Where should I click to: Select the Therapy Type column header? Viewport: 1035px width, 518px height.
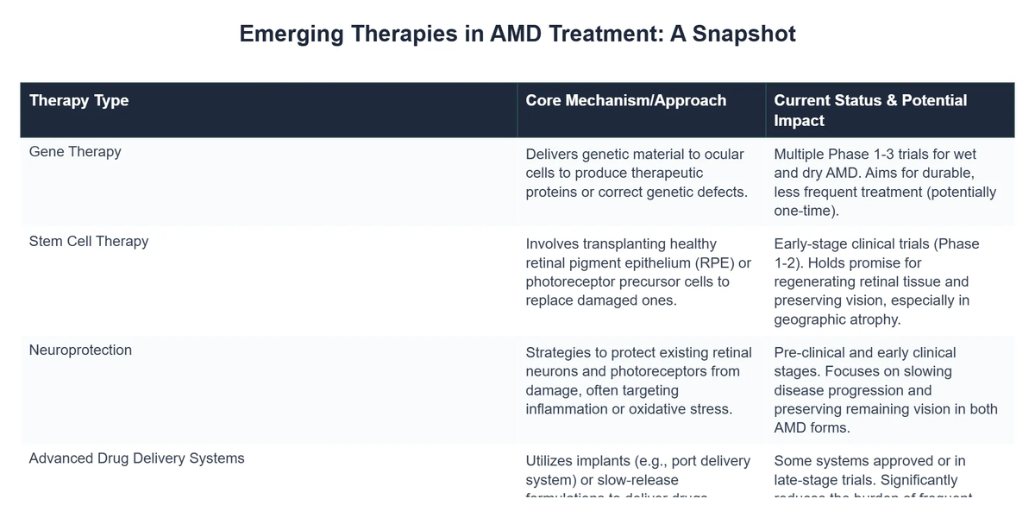pos(78,100)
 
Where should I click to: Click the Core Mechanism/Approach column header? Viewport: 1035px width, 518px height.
pos(625,100)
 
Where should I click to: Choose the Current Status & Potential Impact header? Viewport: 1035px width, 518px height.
pos(870,110)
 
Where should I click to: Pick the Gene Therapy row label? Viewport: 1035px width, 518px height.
pos(75,152)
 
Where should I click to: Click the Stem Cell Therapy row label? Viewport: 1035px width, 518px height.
pos(89,241)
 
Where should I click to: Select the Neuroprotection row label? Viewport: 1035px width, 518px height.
pos(80,350)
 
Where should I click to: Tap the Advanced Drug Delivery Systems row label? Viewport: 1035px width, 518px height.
pos(136,458)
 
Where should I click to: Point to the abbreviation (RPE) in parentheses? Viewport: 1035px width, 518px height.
pos(706,262)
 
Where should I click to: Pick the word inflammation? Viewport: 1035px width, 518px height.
pos(567,409)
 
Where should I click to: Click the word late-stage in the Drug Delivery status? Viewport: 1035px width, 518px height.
pos(806,480)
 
